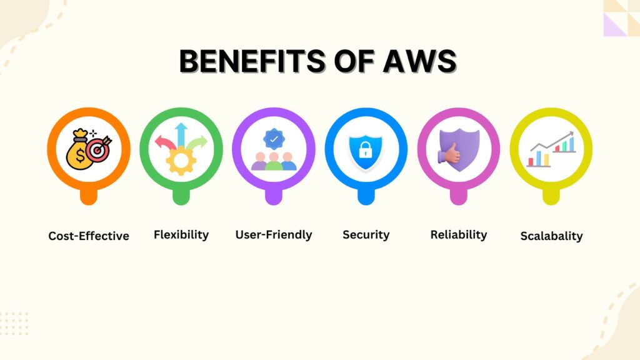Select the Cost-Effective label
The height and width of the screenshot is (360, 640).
pyautogui.click(x=89, y=236)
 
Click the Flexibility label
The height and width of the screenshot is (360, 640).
pyautogui.click(x=181, y=235)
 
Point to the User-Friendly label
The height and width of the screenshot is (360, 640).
pyautogui.click(x=274, y=235)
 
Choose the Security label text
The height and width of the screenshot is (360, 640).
pyautogui.click(x=366, y=235)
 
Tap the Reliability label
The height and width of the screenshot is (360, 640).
pyautogui.click(x=459, y=235)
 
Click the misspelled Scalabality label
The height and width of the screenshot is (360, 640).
pyautogui.click(x=551, y=236)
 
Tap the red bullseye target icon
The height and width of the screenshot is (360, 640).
pyautogui.click(x=98, y=149)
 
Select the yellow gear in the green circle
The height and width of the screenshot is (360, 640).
pyautogui.click(x=181, y=161)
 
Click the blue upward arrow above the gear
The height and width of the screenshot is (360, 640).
pyautogui.click(x=181, y=135)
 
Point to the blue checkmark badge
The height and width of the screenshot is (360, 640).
pyautogui.click(x=274, y=139)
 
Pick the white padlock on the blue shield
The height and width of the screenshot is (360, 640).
pyautogui.click(x=365, y=150)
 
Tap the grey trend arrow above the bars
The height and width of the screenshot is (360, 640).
pyautogui.click(x=552, y=141)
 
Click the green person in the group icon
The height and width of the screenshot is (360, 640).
pyautogui.click(x=274, y=162)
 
